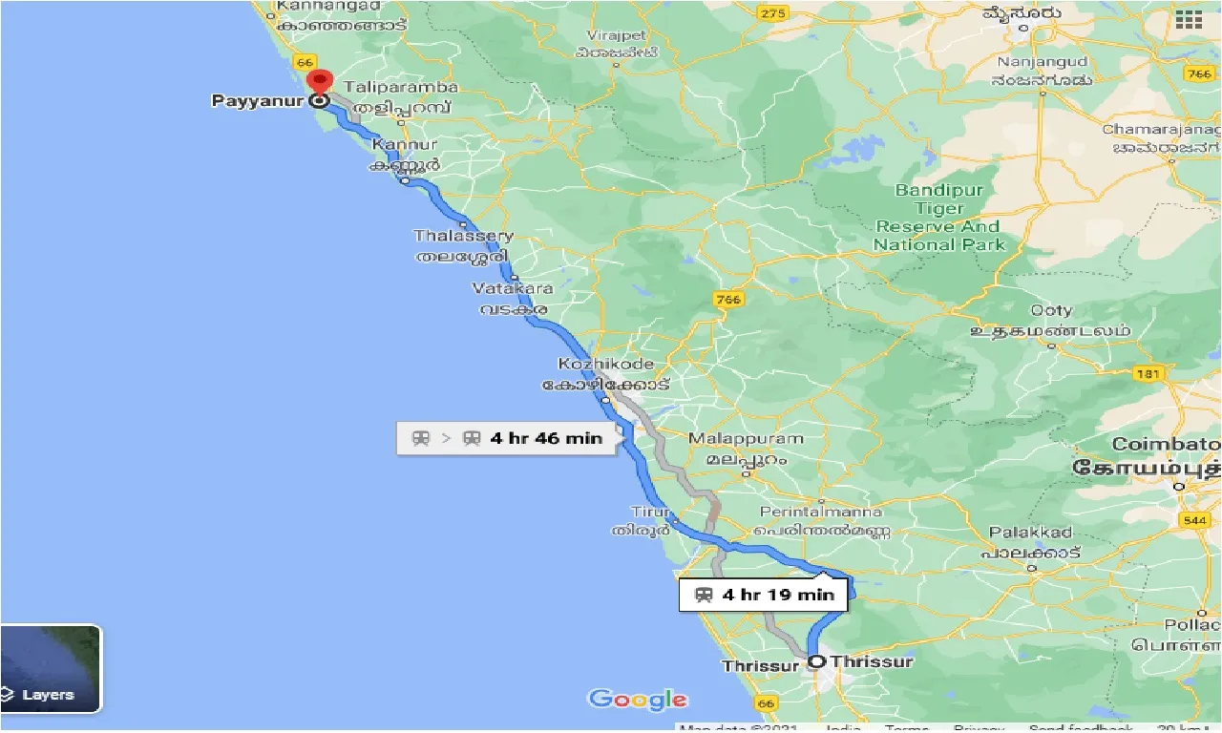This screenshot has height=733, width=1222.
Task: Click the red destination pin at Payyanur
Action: [320, 82]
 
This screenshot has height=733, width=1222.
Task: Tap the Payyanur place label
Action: [255, 100]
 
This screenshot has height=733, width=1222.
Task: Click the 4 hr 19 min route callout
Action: [763, 595]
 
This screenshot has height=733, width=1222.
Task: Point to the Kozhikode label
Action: [606, 365]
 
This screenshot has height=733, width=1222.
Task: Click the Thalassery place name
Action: [463, 236]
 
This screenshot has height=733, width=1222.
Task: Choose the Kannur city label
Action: [405, 145]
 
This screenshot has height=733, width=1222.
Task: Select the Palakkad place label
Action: [1030, 533]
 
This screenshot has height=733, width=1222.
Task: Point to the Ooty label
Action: [1051, 310]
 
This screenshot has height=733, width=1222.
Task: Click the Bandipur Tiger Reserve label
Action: [939, 218]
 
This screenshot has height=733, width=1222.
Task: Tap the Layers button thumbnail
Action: [50, 668]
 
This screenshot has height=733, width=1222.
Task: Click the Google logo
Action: [637, 700]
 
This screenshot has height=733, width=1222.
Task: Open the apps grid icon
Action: [1189, 20]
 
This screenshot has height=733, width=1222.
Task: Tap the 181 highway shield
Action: [1148, 374]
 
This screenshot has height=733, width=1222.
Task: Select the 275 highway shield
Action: [772, 13]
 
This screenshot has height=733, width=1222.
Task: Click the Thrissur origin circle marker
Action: [816, 661]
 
